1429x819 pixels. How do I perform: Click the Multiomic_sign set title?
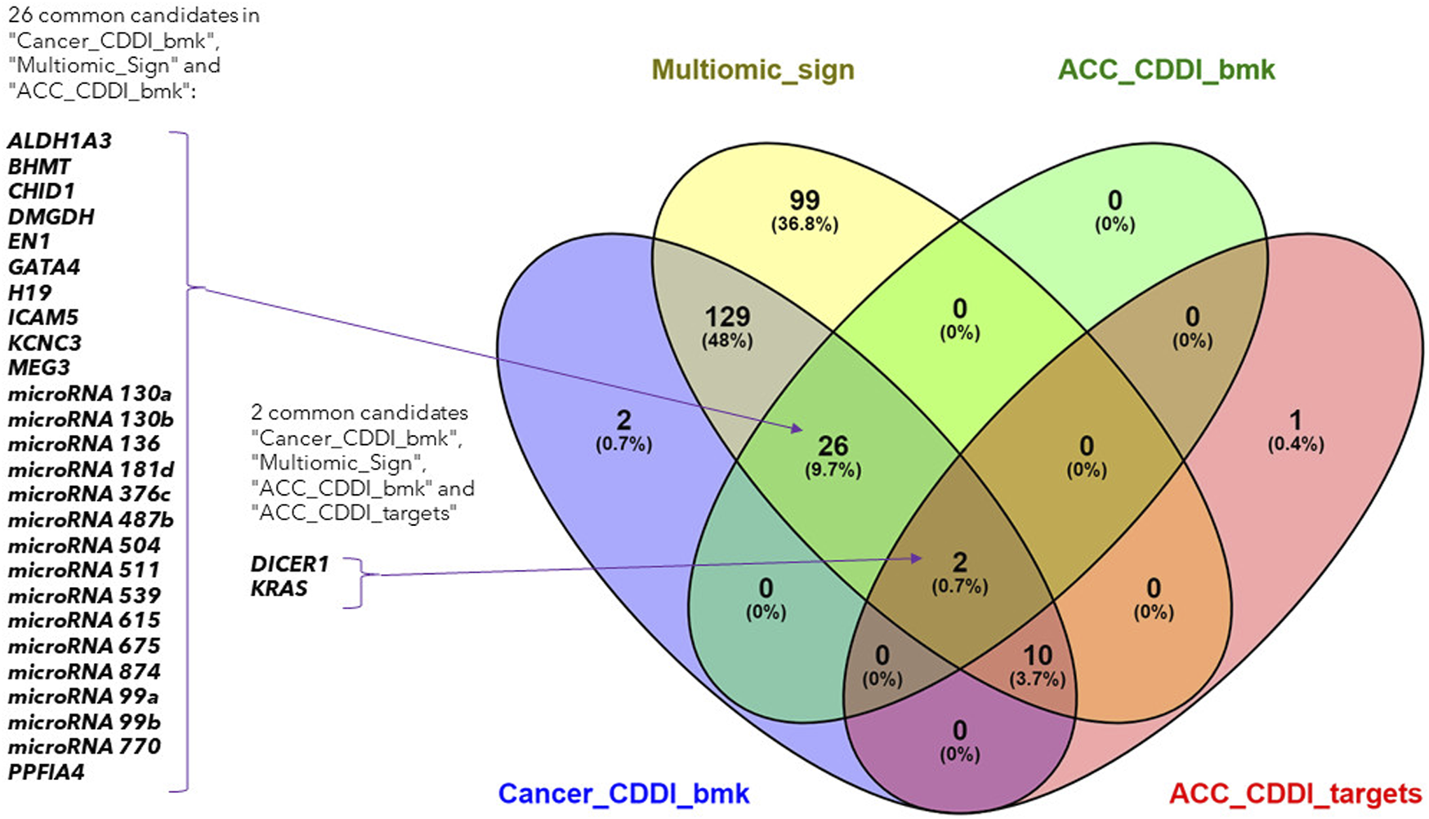tap(752, 70)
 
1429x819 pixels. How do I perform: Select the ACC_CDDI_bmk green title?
tap(1166, 70)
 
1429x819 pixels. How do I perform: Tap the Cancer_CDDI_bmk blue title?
tap(623, 794)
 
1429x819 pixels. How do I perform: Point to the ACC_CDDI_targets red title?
tap(1295, 794)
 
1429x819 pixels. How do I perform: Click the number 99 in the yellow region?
tap(804, 200)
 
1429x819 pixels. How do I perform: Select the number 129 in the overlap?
tap(727, 317)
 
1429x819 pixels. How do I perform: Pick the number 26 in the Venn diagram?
tap(833, 446)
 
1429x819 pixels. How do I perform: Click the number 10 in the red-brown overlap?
tap(1038, 655)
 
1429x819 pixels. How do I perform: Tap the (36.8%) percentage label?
tap(805, 225)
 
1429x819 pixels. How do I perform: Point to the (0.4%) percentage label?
tap(1296, 445)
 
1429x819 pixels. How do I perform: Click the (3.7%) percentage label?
tap(1038, 679)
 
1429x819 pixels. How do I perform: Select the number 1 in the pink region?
tap(1295, 421)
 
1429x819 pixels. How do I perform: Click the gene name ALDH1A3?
tap(60, 141)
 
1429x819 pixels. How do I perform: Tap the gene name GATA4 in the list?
tap(44, 267)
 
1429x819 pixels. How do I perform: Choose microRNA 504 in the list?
tap(84, 545)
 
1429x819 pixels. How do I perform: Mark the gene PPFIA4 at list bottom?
tap(47, 772)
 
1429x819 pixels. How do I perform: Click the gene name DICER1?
tap(289, 564)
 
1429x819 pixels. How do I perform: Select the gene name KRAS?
tap(279, 589)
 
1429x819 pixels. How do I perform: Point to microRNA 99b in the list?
tap(84, 722)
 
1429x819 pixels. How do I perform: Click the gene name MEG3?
tap(39, 368)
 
